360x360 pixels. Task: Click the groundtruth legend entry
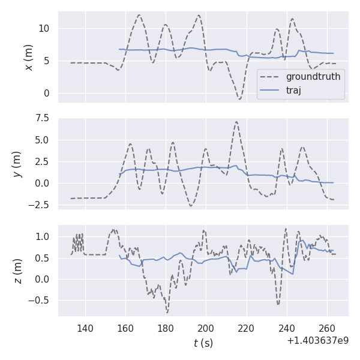[x=313, y=77]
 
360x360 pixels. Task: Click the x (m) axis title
[x=28, y=57]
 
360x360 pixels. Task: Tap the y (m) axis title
[x=17, y=163]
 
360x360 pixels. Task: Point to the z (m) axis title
[x=17, y=271]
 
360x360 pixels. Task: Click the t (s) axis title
[x=203, y=343]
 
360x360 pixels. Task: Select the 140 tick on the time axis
[x=85, y=328]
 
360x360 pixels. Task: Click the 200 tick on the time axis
[x=206, y=328]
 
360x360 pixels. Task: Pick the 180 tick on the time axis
[x=166, y=328]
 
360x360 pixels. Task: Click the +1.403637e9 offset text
[x=317, y=341]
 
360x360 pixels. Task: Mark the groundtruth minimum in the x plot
[x=239, y=98]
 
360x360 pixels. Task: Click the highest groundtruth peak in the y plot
[x=236, y=122]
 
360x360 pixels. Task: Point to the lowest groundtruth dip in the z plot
[x=167, y=313]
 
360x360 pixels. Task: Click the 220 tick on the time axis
[x=246, y=328]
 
